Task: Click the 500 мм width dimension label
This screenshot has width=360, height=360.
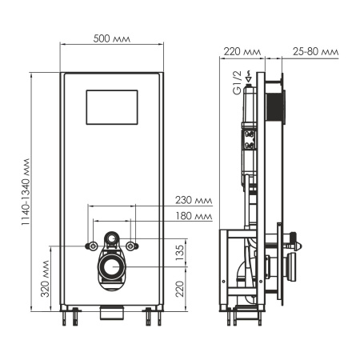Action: [113, 39]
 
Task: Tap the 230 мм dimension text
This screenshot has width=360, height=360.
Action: [195, 200]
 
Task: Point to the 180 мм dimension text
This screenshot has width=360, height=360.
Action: [195, 216]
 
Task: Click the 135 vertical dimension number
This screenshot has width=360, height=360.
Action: [181, 252]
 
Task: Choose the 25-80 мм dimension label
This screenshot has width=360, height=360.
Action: [313, 52]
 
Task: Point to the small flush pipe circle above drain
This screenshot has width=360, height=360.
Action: [113, 239]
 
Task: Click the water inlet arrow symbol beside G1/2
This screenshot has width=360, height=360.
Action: [250, 78]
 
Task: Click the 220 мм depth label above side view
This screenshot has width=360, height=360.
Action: [241, 52]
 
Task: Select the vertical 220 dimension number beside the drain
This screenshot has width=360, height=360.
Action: [181, 286]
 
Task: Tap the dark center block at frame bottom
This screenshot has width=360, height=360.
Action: [113, 311]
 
